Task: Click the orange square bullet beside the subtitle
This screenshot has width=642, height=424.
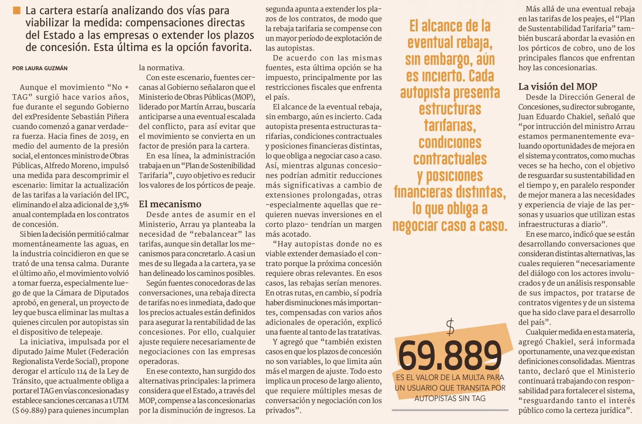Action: coord(16,10)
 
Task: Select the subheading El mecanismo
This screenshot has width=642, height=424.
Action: coord(170,204)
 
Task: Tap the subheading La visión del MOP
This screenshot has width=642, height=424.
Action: coord(558,86)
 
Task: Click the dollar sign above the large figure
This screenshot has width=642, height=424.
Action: coord(450,327)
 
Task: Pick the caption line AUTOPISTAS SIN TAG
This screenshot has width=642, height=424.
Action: coord(450,398)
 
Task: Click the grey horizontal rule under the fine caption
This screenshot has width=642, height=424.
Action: coord(450,410)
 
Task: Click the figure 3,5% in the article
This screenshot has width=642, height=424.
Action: coord(121,205)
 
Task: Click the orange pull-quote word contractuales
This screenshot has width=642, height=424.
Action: coord(450,159)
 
